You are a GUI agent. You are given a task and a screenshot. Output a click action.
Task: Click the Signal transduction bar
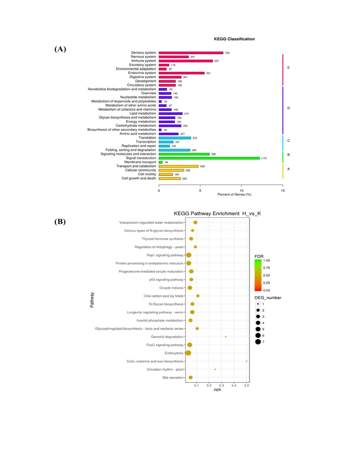click(209, 158)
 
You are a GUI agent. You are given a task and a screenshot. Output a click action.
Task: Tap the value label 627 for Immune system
click(217, 61)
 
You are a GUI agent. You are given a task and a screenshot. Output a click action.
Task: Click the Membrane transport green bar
click(160, 162)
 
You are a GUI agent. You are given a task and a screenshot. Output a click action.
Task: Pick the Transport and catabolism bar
click(178, 166)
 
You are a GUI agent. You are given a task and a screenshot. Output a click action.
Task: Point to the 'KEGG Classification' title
click(234, 38)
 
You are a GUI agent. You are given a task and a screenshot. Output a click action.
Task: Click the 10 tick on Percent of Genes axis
click(241, 190)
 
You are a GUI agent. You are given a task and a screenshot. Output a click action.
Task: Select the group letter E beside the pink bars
click(288, 67)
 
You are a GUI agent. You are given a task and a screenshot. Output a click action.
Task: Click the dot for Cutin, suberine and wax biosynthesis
click(246, 361)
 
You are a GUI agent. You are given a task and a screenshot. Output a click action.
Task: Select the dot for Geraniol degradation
click(226, 337)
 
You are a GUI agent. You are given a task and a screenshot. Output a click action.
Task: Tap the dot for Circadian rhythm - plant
click(215, 369)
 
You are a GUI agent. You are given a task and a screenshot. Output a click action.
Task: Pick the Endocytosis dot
click(188, 353)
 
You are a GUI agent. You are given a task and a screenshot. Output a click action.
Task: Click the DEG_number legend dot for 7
click(258, 342)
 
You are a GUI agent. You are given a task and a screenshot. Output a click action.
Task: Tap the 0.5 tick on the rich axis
click(246, 386)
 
